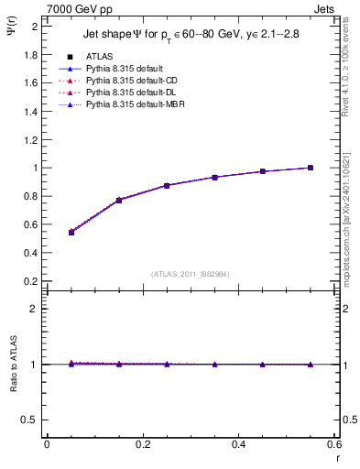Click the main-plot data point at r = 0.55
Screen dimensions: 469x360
click(x=311, y=168)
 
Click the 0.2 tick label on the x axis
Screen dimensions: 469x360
click(x=142, y=444)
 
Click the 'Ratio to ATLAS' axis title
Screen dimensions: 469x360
click(x=13, y=364)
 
